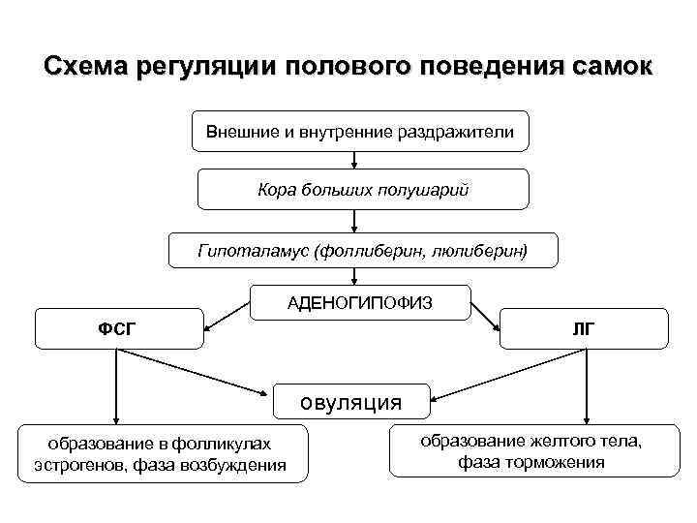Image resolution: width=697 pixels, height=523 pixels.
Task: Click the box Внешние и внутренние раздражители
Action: pos(360,131)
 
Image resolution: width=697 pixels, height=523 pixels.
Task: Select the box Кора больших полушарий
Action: pos(363,189)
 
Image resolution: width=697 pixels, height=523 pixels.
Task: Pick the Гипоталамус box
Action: pos(363,250)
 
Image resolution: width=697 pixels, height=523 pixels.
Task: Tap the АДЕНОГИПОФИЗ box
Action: pos(360,303)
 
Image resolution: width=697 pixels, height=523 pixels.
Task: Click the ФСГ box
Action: pos(118,328)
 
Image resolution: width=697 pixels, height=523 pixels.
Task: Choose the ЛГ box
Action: pos(584,328)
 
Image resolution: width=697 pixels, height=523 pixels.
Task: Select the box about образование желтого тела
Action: pos(530,450)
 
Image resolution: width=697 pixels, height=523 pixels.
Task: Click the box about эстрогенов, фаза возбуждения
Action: pos(160,454)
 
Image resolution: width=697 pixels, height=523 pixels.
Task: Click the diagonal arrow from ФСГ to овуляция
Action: pos(194,372)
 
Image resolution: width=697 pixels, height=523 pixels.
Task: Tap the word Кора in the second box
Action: pos(277,190)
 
